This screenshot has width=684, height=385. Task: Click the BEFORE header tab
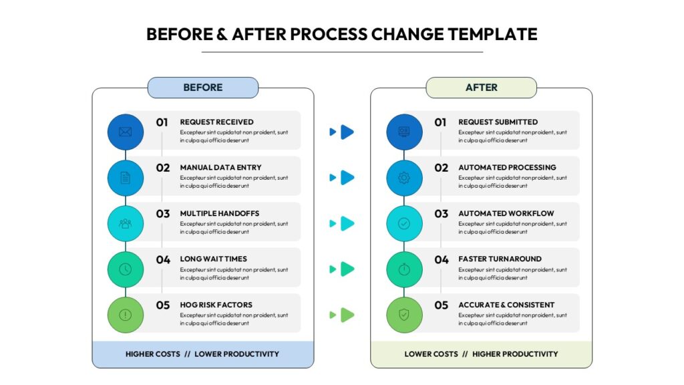[x=203, y=88]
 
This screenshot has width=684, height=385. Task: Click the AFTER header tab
[x=481, y=88]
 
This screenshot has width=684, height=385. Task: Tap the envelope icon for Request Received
[x=125, y=132]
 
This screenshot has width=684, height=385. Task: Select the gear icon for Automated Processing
[x=404, y=178]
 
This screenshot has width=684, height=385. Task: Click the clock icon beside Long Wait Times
[x=125, y=269]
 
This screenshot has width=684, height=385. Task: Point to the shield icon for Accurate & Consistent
[x=404, y=315]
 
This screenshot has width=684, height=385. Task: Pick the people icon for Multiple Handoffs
[x=125, y=223]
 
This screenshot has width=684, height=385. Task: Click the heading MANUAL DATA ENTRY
[x=220, y=168]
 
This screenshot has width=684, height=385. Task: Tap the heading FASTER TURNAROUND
[x=500, y=259]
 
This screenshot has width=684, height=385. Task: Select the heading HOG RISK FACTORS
[x=216, y=305]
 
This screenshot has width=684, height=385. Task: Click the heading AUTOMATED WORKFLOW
[x=506, y=213]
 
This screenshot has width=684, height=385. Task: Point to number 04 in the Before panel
[x=163, y=260]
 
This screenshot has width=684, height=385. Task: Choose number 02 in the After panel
[x=441, y=168]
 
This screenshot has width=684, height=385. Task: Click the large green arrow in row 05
[x=347, y=315]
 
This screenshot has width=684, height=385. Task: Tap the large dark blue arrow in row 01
[x=347, y=132]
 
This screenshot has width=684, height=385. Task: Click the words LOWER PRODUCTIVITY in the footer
[x=237, y=354]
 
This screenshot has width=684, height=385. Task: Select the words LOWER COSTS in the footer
[x=431, y=354]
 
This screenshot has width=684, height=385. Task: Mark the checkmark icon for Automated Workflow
[x=404, y=223]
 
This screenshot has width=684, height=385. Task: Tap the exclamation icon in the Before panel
[x=125, y=315]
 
